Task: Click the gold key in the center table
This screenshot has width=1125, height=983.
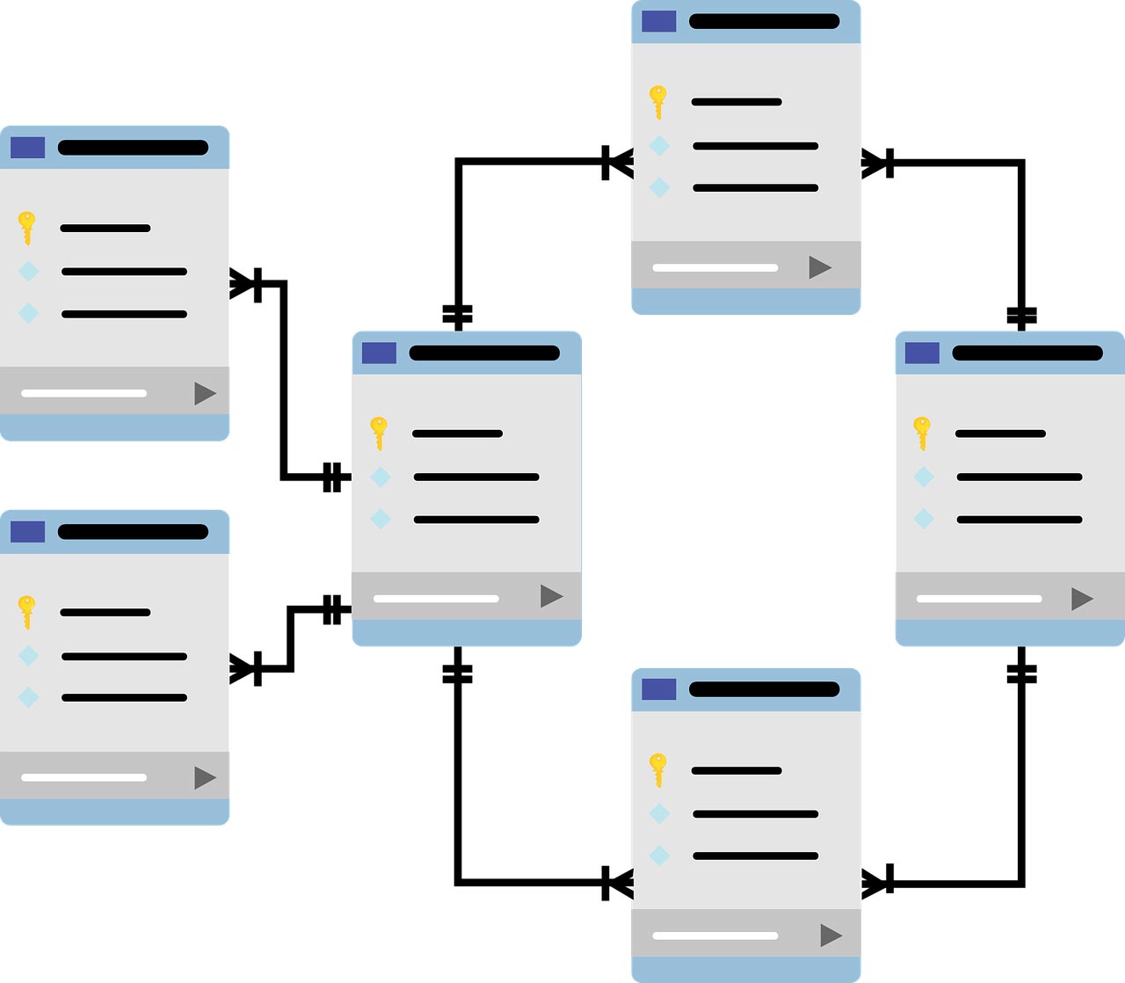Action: [x=379, y=432]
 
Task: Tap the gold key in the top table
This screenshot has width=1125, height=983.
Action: [x=657, y=101]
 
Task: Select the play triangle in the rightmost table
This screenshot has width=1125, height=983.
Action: [x=1082, y=599]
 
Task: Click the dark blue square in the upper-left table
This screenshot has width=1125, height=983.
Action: [x=27, y=148]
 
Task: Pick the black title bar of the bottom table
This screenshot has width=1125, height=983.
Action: [x=764, y=688]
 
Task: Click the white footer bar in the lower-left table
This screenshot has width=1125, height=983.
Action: [x=83, y=777]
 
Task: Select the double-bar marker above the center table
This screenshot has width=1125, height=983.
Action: [x=457, y=315]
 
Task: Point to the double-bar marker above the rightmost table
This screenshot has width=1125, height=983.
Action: [x=1021, y=315]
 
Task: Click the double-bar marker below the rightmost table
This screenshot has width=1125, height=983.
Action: [x=1021, y=674]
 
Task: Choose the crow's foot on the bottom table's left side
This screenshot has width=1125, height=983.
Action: [x=617, y=883]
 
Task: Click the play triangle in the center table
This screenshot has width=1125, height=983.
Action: [x=551, y=596]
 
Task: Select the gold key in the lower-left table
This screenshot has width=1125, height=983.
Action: [x=26, y=611]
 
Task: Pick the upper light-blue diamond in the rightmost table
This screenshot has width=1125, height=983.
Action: [x=924, y=477]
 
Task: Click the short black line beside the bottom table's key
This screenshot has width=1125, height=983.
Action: [x=737, y=770]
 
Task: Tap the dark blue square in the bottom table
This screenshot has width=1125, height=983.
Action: [x=658, y=689]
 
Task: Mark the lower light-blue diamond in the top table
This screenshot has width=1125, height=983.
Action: [x=659, y=187]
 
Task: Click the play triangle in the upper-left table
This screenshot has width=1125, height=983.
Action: [x=205, y=393]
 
